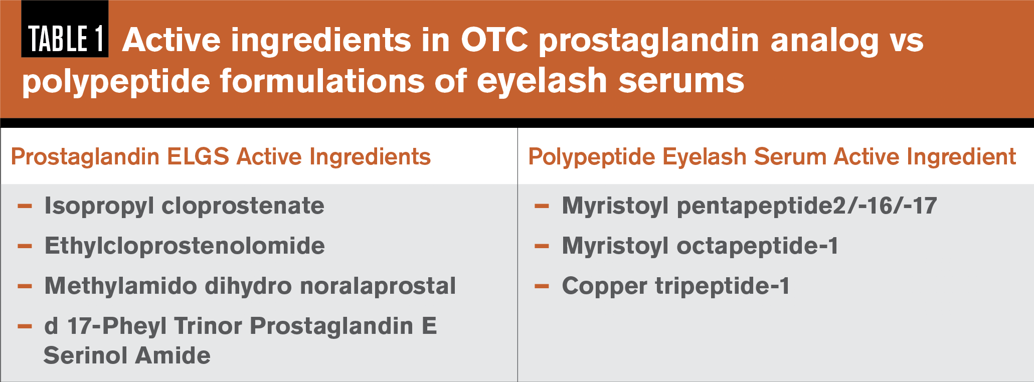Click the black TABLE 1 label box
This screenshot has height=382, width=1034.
(x=65, y=29)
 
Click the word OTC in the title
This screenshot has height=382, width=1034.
(x=494, y=40)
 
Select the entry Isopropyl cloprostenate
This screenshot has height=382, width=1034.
(x=184, y=206)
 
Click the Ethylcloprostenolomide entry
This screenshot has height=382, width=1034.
(x=185, y=246)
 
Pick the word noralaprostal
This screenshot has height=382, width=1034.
(x=378, y=286)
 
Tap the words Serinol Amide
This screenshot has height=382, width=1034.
(x=127, y=355)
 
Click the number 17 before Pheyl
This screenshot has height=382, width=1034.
(x=82, y=326)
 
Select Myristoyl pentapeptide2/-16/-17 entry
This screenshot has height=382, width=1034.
(x=749, y=206)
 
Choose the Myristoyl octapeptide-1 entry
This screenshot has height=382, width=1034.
(x=700, y=246)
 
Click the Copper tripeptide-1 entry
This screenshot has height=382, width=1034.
(x=675, y=286)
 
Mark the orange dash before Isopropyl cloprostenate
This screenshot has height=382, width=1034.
(x=25, y=206)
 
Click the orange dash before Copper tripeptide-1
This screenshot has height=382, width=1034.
(x=542, y=287)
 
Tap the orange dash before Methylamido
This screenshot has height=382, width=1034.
(x=25, y=287)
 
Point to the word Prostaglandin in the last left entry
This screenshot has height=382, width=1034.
(x=331, y=326)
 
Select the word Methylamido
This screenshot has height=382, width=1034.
(x=121, y=286)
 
